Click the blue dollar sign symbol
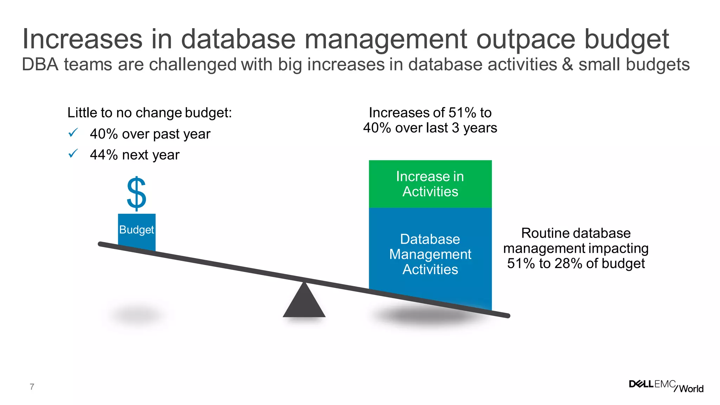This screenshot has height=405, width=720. click(x=136, y=194)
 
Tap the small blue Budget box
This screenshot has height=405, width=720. click(x=136, y=231)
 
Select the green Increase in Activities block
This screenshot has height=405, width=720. click(x=430, y=184)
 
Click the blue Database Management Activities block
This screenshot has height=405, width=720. click(x=430, y=254)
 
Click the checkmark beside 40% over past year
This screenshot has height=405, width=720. click(x=73, y=133)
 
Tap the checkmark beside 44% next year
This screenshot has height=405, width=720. click(x=73, y=154)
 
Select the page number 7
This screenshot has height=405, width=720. click(x=32, y=387)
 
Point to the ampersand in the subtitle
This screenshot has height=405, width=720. click(x=567, y=65)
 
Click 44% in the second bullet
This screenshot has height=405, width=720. click(x=104, y=155)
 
